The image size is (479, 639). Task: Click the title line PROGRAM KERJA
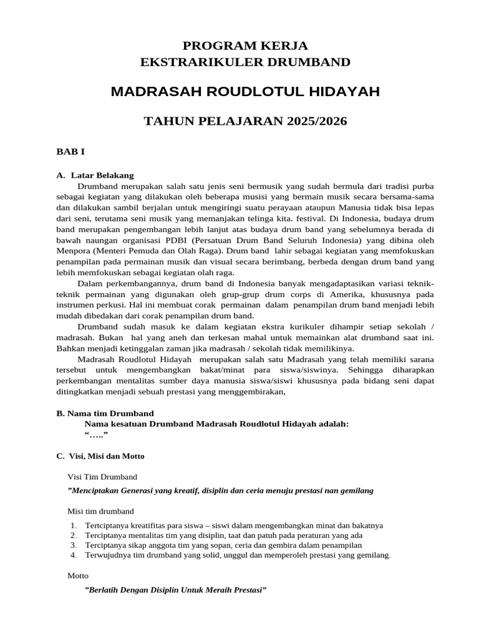click(x=245, y=45)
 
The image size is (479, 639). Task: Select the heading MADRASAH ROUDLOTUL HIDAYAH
click(x=245, y=92)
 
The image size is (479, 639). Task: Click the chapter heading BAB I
click(x=70, y=152)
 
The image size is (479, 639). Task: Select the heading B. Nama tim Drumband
click(x=105, y=413)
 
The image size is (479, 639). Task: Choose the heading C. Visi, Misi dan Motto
click(x=100, y=456)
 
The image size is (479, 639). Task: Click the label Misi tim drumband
click(x=100, y=511)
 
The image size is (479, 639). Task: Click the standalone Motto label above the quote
click(x=77, y=575)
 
